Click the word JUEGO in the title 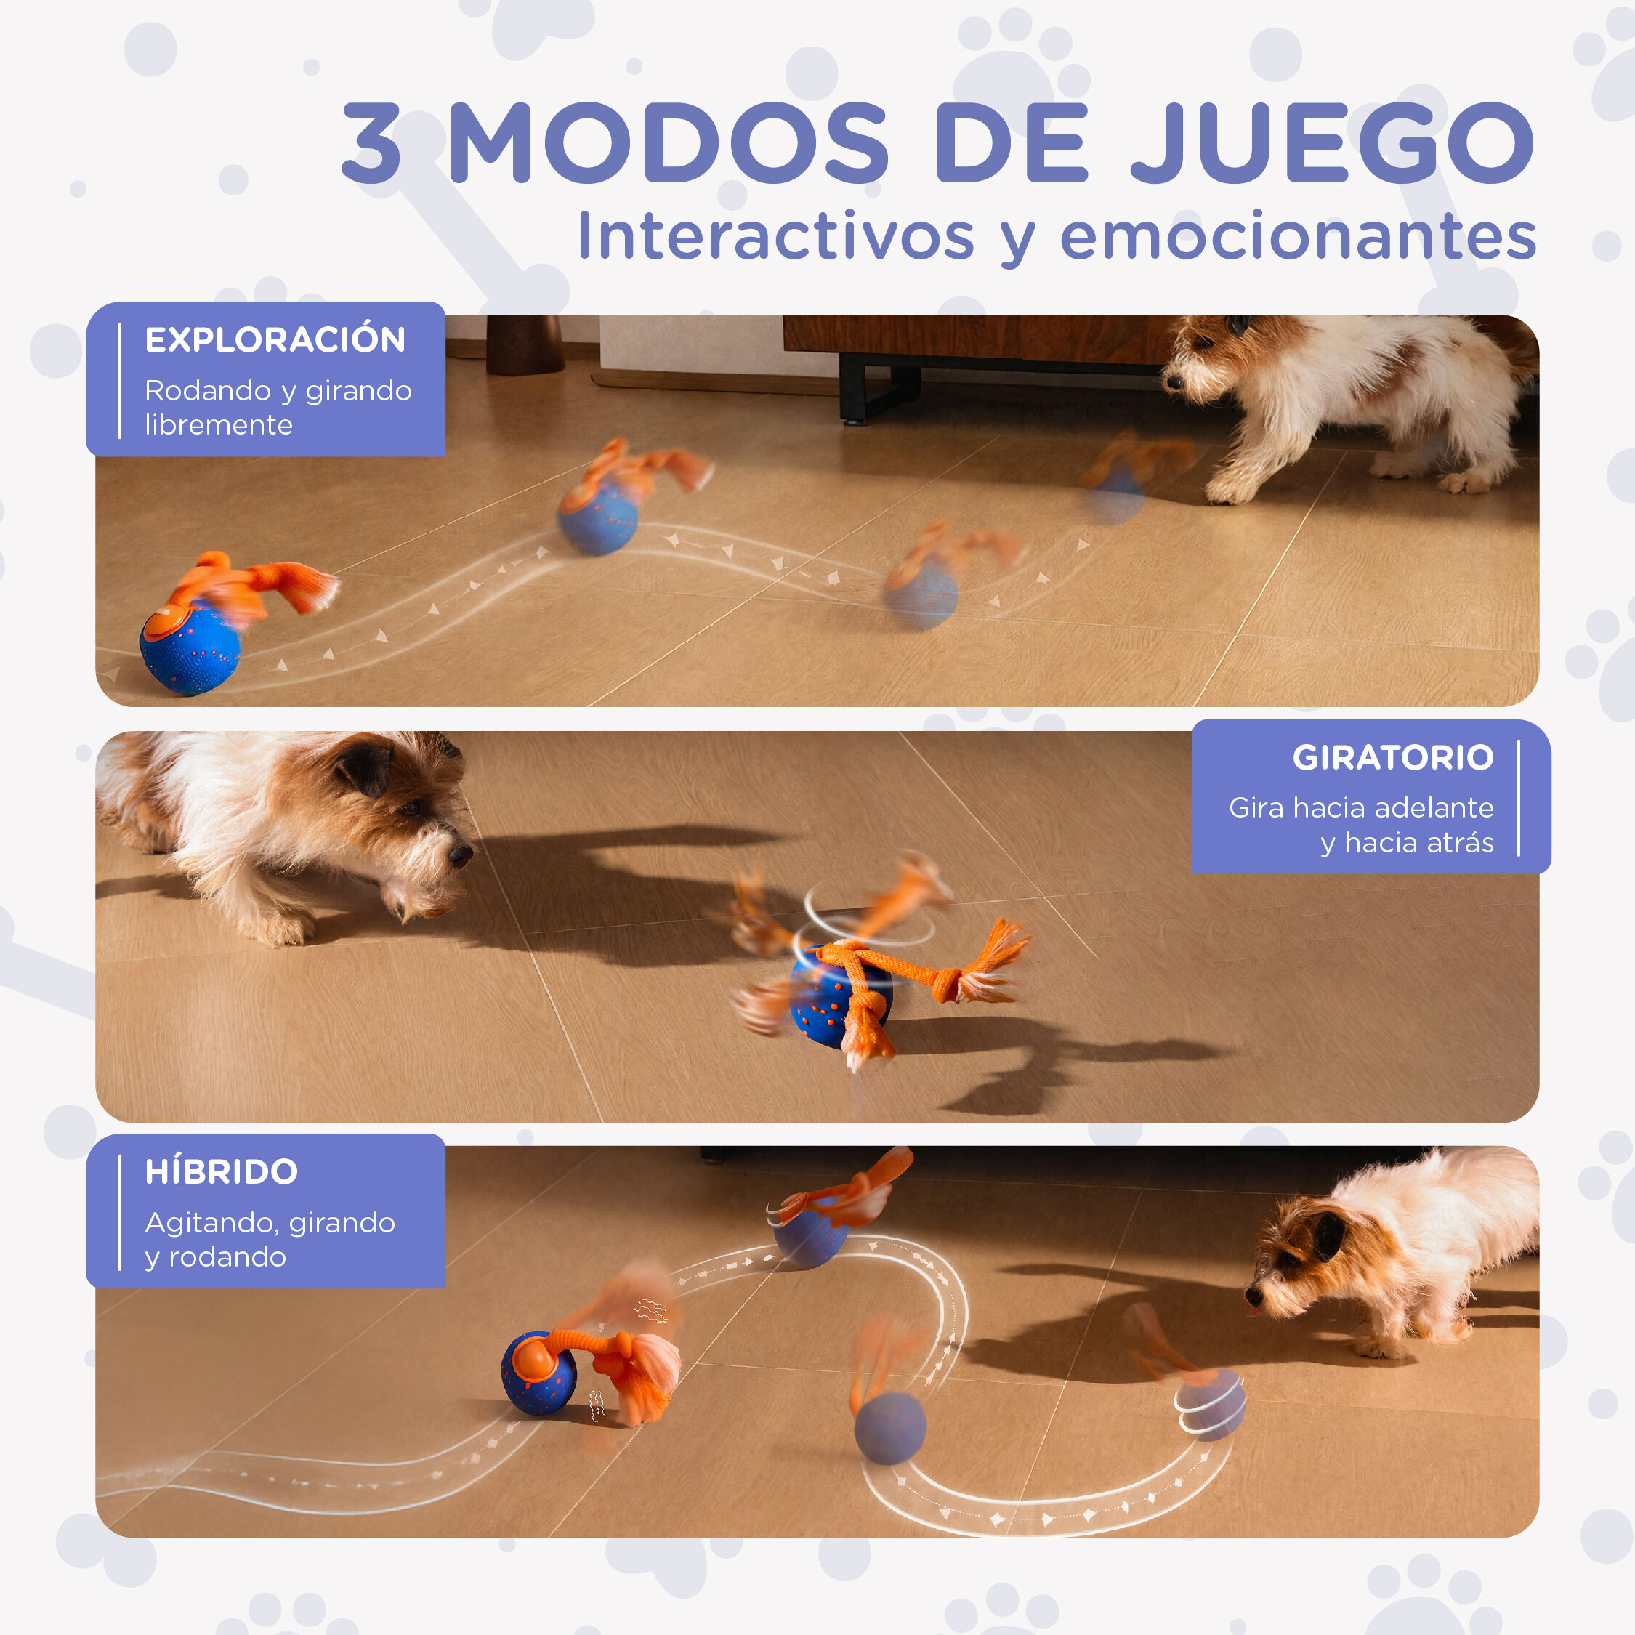(x=1332, y=142)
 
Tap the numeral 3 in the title (x=371, y=142)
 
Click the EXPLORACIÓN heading (x=275, y=340)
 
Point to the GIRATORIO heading (x=1392, y=757)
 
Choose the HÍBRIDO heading (x=222, y=1172)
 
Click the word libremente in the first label (x=218, y=425)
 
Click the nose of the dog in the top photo (x=1173, y=381)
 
